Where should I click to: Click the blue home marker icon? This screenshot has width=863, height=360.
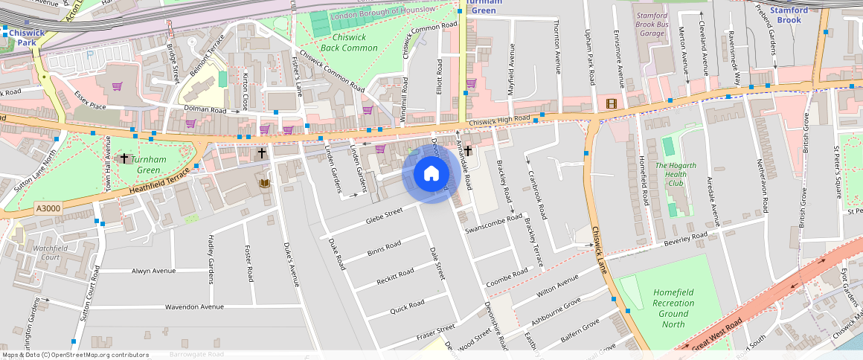pyautogui.click(x=431, y=174)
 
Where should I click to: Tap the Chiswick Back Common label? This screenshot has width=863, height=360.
pyautogui.click(x=354, y=42)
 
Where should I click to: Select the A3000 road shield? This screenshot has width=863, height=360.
pyautogui.click(x=48, y=210)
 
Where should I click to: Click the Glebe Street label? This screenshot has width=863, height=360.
pyautogui.click(x=384, y=216)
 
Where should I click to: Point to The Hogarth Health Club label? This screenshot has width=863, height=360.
pyautogui.click(x=676, y=174)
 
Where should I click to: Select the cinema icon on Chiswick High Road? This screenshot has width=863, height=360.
pyautogui.click(x=611, y=103)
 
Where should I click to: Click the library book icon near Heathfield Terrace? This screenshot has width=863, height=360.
pyautogui.click(x=263, y=183)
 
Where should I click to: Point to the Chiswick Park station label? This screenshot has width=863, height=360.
pyautogui.click(x=27, y=37)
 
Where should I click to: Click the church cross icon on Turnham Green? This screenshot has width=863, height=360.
pyautogui.click(x=124, y=158)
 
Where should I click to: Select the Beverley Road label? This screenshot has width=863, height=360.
pyautogui.click(x=684, y=238)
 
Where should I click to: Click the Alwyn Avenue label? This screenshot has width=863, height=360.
pyautogui.click(x=153, y=271)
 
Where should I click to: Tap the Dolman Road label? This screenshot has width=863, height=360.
pyautogui.click(x=205, y=109)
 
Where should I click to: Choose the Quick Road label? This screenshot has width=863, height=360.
pyautogui.click(x=407, y=305)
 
